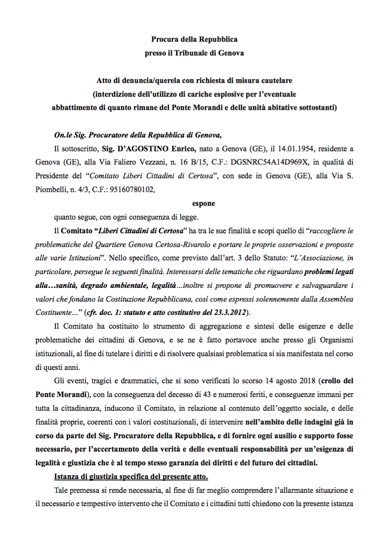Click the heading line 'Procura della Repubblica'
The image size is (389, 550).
tap(194, 40)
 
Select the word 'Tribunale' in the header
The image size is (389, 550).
tap(193, 53)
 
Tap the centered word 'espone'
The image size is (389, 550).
tap(204, 203)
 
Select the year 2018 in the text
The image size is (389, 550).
tap(310, 381)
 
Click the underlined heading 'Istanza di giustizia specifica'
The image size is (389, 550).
tap(131, 477)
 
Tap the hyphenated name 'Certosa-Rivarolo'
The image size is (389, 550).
tap(183, 244)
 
